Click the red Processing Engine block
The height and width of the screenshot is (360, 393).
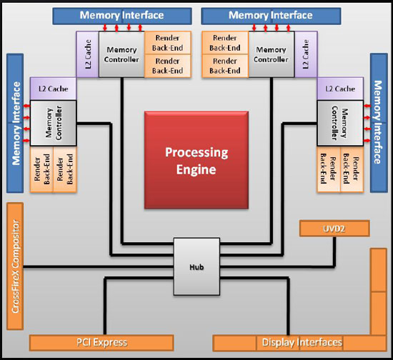tap(196, 160)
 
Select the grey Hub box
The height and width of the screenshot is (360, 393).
tap(196, 266)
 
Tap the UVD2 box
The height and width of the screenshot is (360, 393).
tap(334, 229)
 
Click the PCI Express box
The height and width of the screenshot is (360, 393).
tap(101, 343)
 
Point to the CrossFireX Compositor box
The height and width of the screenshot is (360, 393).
tap(15, 266)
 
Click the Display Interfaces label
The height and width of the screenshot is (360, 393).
tap(302, 342)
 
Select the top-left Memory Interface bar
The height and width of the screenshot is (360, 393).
tap(122, 16)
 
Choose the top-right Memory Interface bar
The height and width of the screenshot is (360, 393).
tap(271, 16)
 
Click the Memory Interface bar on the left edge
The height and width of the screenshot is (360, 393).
tap(15, 123)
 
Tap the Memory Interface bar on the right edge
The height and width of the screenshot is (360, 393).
tap(379, 123)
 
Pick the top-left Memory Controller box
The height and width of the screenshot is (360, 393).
tap(121, 54)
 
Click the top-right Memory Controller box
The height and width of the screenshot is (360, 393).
tap(272, 54)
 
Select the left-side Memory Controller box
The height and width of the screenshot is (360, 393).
tap(53, 123)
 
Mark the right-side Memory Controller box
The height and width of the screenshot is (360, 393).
tap(340, 123)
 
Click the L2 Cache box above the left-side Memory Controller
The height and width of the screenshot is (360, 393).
tap(53, 89)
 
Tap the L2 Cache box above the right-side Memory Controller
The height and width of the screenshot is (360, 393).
tap(340, 89)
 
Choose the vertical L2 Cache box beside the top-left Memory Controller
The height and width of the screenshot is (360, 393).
tap(87, 54)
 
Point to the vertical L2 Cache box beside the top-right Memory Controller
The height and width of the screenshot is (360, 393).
tap(306, 54)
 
